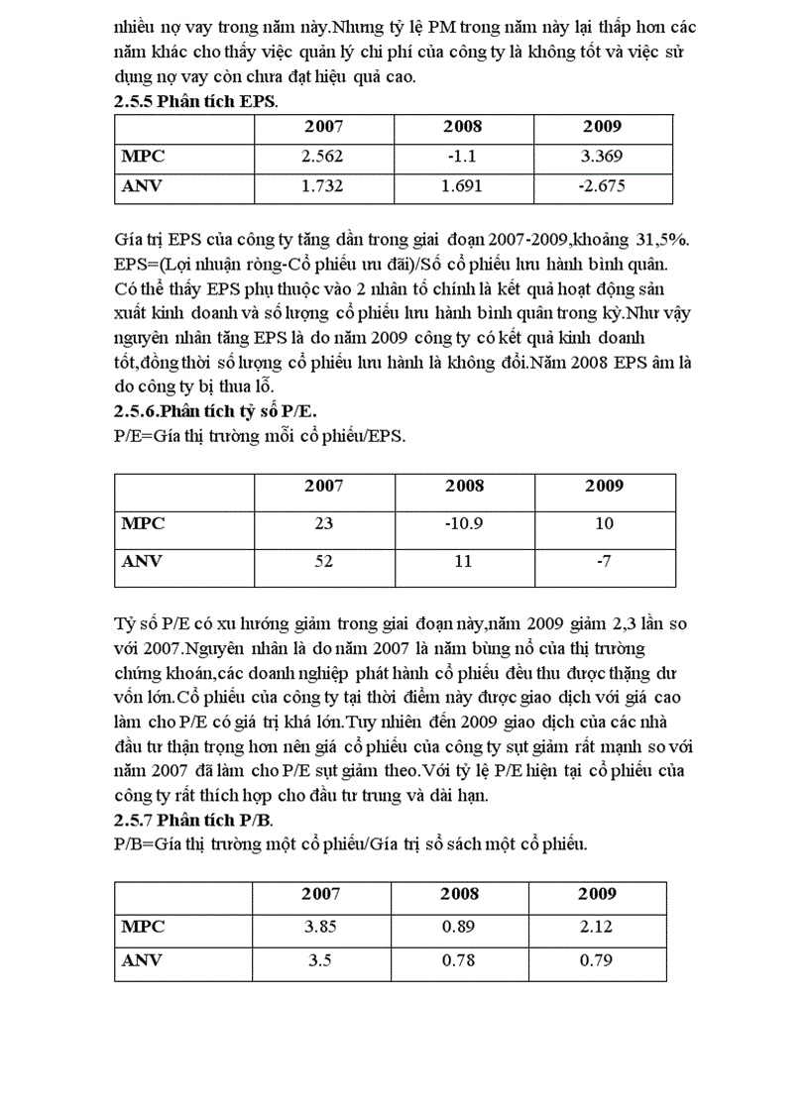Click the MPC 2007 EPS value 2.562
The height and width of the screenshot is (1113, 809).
point(323,156)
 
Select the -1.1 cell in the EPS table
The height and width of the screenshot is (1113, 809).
point(463,156)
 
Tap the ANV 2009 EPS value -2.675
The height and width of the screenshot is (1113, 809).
point(602,185)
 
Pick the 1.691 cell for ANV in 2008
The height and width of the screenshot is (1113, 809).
point(463,185)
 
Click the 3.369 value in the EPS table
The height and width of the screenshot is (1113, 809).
point(602,156)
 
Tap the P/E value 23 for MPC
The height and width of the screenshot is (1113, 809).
point(324,523)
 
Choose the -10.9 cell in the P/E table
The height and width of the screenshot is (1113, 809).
point(464,523)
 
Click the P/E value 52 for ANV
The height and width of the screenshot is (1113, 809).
point(324,561)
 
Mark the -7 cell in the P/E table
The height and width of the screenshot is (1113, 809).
point(604,561)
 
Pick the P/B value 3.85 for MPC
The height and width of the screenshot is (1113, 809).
point(320,928)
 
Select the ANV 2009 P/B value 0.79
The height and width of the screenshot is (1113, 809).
point(597,960)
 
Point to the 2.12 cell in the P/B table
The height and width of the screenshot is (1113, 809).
point(597,928)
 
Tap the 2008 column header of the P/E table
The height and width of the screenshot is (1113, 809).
point(464,486)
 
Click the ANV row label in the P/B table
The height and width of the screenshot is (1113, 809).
point(142,960)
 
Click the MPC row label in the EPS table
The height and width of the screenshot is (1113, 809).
point(143,156)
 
